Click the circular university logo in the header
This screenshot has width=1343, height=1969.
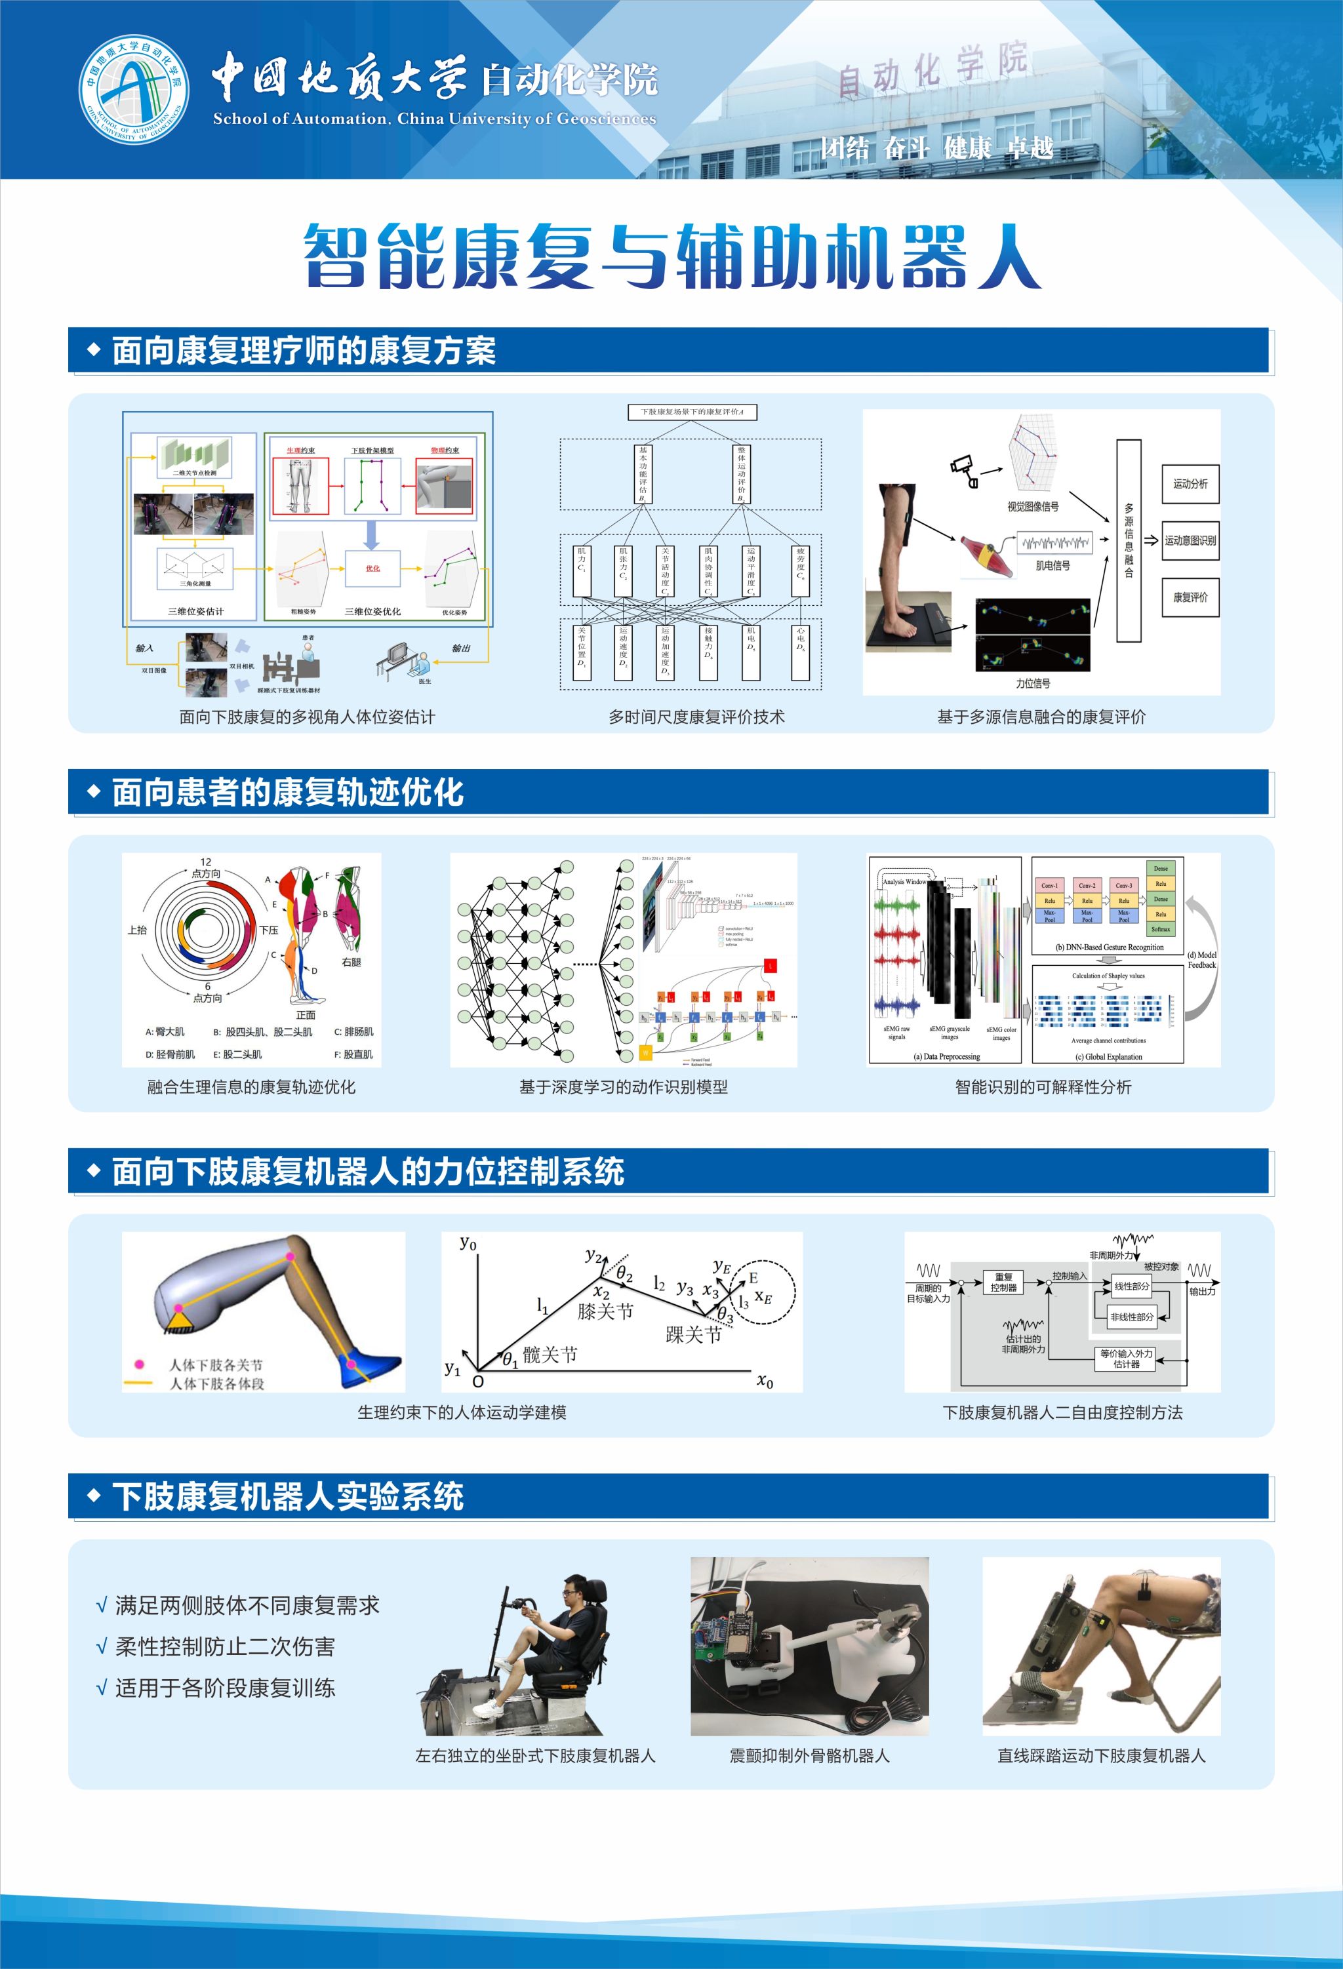(x=133, y=89)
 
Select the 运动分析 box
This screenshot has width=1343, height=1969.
(x=1190, y=484)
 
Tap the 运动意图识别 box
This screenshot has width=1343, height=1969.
(x=1190, y=540)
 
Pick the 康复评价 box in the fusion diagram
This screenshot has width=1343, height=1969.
(x=1190, y=597)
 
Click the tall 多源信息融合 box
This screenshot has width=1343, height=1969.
(x=1129, y=540)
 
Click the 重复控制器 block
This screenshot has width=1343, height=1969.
(x=1003, y=1282)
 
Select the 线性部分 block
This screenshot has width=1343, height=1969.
(x=1131, y=1286)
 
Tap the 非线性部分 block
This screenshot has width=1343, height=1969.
(x=1131, y=1317)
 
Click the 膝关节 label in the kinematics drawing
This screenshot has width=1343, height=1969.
(x=605, y=1311)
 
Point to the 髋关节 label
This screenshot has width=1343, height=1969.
(x=550, y=1355)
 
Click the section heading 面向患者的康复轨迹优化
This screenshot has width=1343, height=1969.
(x=288, y=792)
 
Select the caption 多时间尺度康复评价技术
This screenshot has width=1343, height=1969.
(x=696, y=717)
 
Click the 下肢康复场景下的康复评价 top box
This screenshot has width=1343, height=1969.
(x=692, y=412)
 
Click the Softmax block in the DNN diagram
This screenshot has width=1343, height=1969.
(x=1161, y=930)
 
